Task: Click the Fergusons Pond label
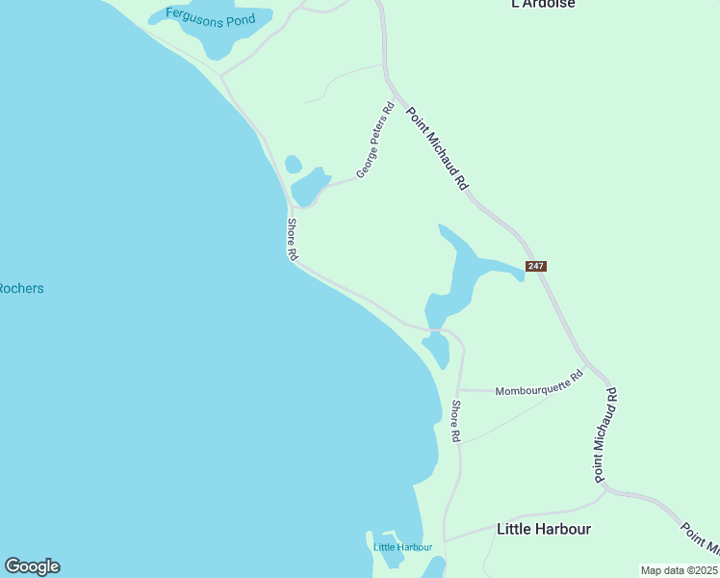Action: tap(210, 17)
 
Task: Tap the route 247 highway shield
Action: tap(536, 266)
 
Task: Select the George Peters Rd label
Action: tap(375, 140)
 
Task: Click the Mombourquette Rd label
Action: tap(539, 384)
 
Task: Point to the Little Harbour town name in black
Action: tap(543, 529)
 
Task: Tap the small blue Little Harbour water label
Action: tap(402, 547)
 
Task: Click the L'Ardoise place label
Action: tap(543, 4)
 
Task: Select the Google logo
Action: tap(32, 566)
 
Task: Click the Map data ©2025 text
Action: tap(680, 570)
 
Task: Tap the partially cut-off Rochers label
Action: tap(21, 288)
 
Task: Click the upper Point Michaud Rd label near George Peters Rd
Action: tap(436, 147)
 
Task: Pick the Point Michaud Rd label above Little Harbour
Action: tap(604, 434)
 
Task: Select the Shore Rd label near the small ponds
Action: tap(293, 239)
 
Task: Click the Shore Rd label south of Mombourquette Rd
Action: tap(456, 421)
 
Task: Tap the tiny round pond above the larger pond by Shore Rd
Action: tap(293, 165)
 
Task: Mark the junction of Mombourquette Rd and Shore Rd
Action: tap(459, 390)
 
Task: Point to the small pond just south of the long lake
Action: tap(438, 350)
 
